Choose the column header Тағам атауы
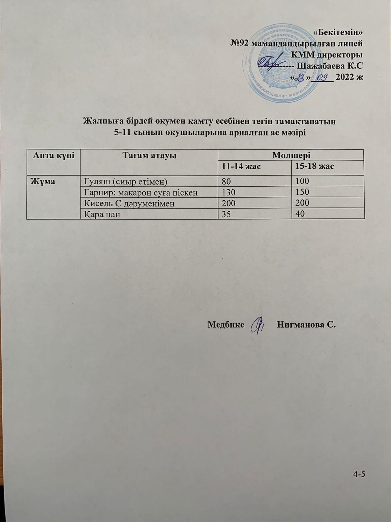tap(149, 155)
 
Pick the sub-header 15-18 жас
tap(314, 167)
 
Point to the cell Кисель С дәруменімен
tap(129, 203)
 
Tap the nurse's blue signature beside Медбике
tap(259, 325)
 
